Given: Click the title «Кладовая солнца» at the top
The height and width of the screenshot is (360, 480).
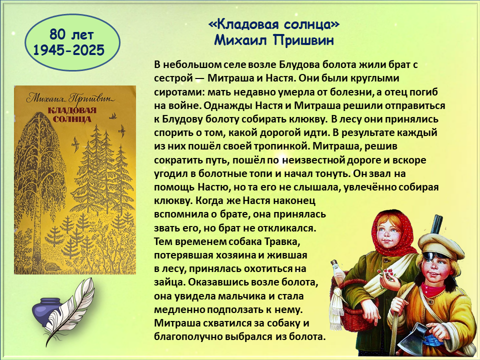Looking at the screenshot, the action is [273, 24].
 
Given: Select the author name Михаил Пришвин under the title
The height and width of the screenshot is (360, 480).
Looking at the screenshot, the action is [273, 40].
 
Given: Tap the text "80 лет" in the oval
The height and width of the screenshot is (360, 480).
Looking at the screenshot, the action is [71, 35].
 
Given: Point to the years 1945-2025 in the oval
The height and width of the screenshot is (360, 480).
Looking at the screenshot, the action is [69, 50].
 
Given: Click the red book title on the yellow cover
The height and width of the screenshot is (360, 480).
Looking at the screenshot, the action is [72, 114].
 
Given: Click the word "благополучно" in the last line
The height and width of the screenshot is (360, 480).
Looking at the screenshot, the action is [188, 336].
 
